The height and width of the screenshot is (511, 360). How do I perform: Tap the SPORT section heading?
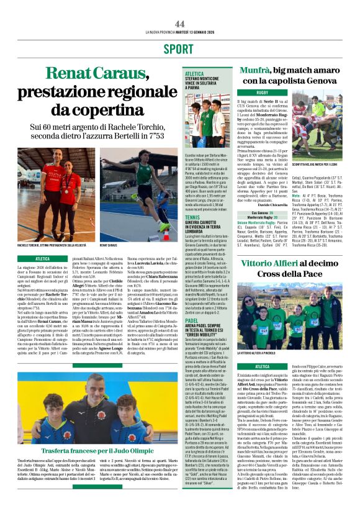pos(179,48)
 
